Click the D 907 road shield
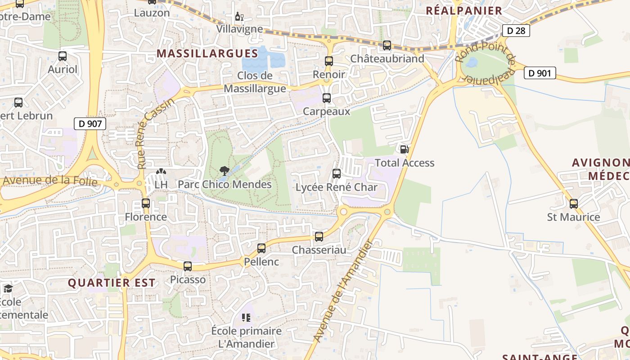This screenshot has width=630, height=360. [x=90, y=124]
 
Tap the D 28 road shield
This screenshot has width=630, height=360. [x=516, y=31]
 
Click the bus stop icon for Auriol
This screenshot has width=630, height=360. [x=63, y=57]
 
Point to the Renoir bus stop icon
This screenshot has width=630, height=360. [x=329, y=61]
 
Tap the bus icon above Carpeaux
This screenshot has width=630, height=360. [x=327, y=98]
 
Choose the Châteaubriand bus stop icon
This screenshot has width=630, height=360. [x=387, y=45]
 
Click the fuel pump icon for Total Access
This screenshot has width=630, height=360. [x=404, y=149]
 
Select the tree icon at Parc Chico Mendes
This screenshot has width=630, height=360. [x=224, y=171]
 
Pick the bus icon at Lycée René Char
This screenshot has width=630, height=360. [x=337, y=174]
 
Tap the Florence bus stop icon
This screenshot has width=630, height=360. [x=146, y=203]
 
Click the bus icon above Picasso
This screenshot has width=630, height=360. [x=188, y=266]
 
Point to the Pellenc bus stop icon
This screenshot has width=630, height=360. [x=261, y=248]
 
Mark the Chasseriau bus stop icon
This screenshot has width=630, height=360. [x=319, y=236]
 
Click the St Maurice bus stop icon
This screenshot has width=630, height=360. [x=574, y=204]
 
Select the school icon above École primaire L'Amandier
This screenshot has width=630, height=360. [x=246, y=318]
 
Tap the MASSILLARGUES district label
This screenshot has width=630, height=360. [x=207, y=54]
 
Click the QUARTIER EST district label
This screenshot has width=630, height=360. [x=112, y=283]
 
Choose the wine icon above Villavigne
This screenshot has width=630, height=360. [x=239, y=17]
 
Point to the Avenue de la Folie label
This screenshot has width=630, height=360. [x=49, y=180]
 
